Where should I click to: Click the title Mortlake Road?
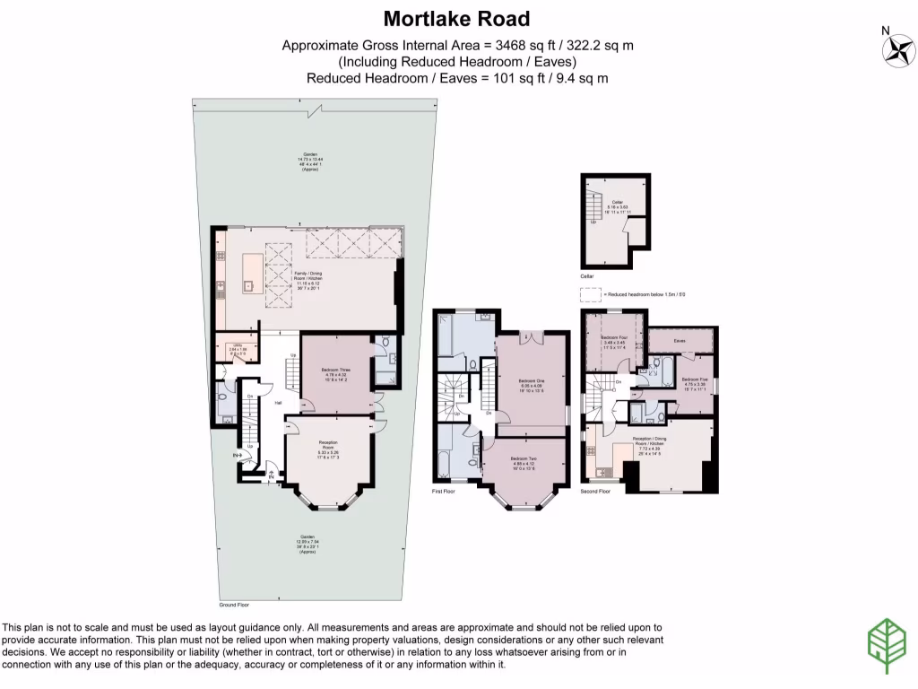[457, 18]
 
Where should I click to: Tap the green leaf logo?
[885, 645]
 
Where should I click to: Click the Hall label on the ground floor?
[279, 403]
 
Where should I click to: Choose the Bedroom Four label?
[613, 336]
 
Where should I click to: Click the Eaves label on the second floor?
[680, 340]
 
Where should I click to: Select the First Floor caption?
[444, 493]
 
